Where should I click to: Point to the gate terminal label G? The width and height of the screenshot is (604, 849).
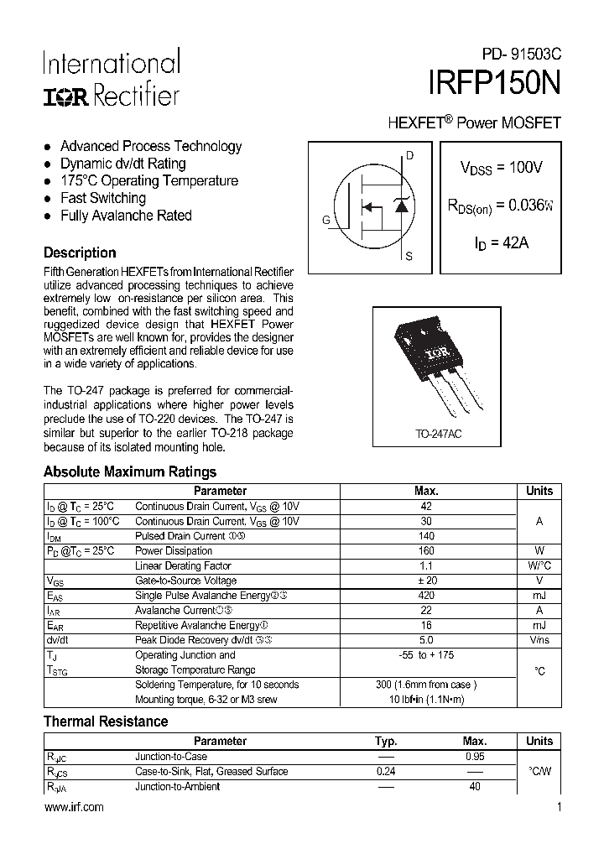[x=325, y=221]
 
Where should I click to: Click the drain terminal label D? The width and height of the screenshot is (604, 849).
[x=409, y=155]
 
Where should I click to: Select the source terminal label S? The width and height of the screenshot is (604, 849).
[x=409, y=257]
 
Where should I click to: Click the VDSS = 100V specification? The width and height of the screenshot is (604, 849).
[x=501, y=168]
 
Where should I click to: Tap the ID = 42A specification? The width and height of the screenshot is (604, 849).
[x=501, y=243]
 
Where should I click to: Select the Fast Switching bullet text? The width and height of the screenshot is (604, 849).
[x=102, y=198]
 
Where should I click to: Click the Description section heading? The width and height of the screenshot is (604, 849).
[x=80, y=253]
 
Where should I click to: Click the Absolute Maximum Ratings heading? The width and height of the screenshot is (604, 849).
[x=130, y=471]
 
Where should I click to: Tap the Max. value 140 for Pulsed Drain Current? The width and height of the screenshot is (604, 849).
[x=426, y=535]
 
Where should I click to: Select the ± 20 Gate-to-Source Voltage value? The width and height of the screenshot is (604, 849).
[x=426, y=581]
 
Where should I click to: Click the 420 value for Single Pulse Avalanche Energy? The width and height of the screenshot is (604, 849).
[x=426, y=596]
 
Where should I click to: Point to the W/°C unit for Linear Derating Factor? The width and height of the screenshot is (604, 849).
[x=539, y=565]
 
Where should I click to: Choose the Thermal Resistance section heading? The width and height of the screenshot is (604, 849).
[x=106, y=721]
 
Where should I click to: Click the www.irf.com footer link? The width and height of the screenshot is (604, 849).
[x=74, y=807]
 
